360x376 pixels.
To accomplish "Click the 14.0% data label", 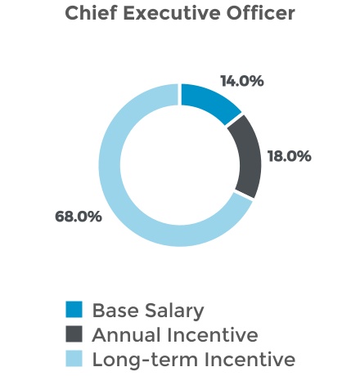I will tap(243, 82).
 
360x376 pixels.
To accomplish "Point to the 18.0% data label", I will tap(289, 155).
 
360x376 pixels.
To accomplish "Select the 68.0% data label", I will tap(78, 217).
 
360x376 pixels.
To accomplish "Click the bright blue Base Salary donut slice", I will tap(209, 103).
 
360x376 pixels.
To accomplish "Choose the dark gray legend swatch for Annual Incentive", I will tap(74, 334).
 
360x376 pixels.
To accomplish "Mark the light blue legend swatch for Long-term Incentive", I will tap(74, 358).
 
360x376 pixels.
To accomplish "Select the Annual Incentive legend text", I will tap(175, 335).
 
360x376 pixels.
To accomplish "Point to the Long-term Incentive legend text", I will tap(193, 359).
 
